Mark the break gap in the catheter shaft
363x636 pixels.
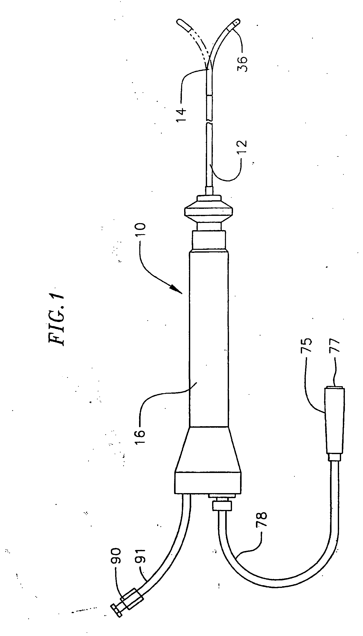[209, 121]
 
